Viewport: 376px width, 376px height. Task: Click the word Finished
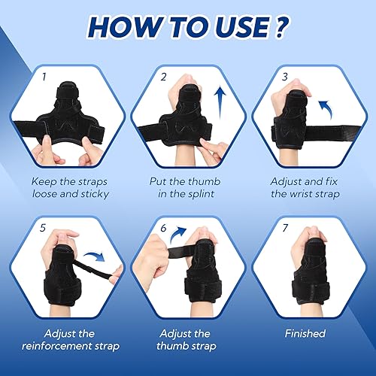point(305,333)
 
